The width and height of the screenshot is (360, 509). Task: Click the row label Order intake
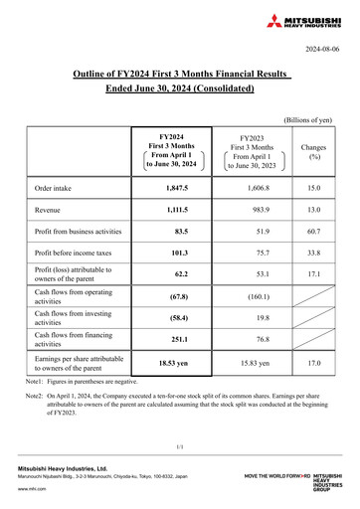pos(57,187)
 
